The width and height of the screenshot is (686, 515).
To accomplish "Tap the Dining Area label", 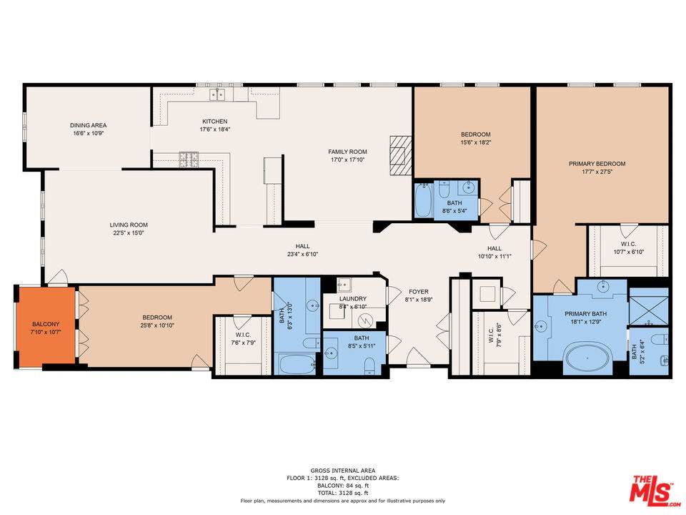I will pos(89,124).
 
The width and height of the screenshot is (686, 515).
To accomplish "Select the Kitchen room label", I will pos(214,122).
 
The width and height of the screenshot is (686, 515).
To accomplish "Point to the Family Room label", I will pos(347,152).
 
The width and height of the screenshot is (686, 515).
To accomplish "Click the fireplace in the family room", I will pos(400,154).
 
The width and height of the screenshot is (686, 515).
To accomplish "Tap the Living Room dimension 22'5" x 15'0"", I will pos(129,233).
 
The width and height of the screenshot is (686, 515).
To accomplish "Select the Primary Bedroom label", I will pos(597,164).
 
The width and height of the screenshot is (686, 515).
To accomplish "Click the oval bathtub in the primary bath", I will pos(590,358).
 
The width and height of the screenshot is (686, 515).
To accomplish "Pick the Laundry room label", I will pos(353,299).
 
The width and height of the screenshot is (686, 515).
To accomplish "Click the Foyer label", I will pos(419,292).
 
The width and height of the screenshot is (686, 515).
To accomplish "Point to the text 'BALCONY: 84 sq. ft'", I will pos(342,486).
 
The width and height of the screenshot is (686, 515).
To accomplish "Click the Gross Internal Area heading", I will pos(342,471).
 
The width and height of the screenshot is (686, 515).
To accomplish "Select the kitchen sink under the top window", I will pos(217,95).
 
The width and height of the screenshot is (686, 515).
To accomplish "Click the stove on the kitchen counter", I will pos(189,159).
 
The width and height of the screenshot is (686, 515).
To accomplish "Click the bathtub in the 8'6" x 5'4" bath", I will pos(423,201).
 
